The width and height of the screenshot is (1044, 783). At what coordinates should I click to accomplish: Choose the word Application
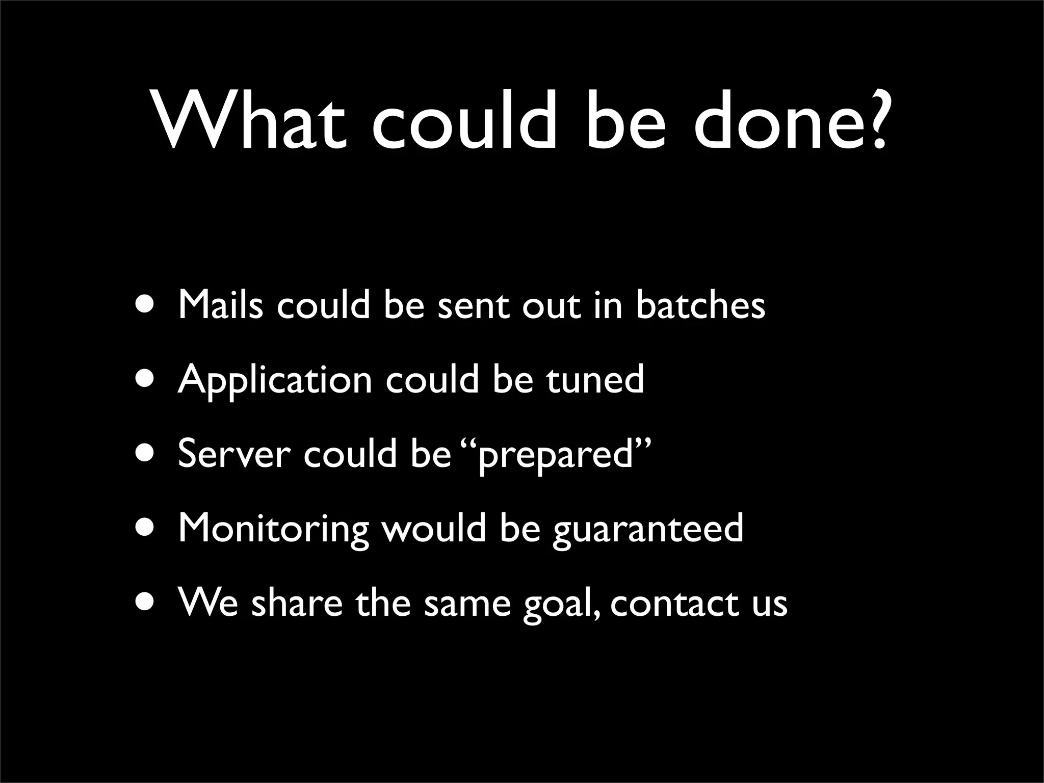click(x=275, y=380)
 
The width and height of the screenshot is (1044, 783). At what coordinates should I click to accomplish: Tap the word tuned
click(x=595, y=379)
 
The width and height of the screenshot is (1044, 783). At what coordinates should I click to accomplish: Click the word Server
click(x=234, y=453)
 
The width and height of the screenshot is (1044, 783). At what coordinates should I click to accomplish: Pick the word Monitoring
click(x=273, y=529)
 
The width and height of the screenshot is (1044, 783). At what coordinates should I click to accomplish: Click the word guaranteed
click(x=648, y=529)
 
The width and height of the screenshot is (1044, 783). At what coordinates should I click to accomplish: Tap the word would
click(x=434, y=528)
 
